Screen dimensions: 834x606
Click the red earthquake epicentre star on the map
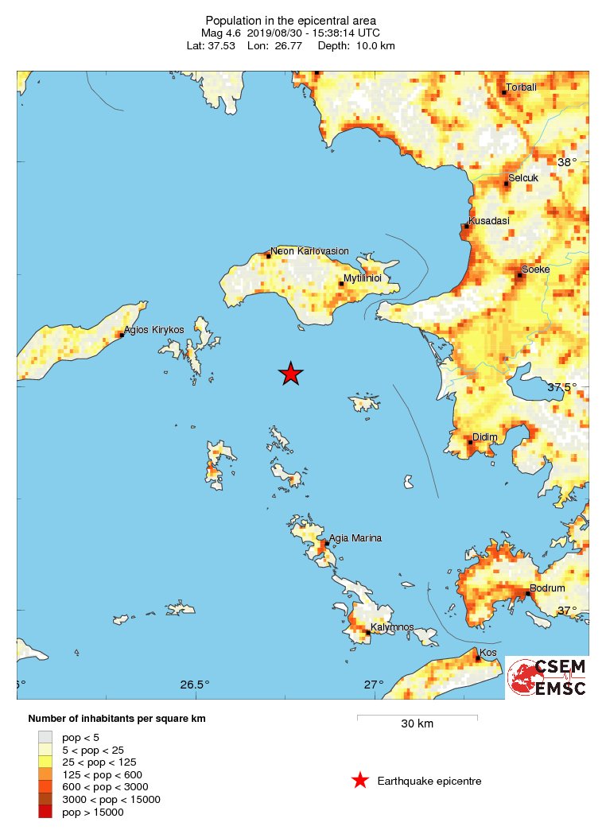point(291,374)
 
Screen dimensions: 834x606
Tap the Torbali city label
point(523,87)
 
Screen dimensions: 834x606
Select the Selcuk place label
point(523,178)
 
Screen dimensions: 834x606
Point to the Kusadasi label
point(489,220)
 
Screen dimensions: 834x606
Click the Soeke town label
point(535,270)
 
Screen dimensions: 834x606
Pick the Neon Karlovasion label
point(309,251)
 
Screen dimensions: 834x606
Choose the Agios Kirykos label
point(154,329)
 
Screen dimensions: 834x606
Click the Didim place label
point(484,437)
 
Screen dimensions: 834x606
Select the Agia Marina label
point(355,538)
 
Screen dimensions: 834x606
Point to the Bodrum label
point(547,588)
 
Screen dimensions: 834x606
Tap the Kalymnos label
point(392,627)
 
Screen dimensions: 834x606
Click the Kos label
point(488,653)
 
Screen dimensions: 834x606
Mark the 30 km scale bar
point(417,717)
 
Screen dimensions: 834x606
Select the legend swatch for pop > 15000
point(45,812)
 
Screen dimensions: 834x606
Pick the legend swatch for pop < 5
point(45,737)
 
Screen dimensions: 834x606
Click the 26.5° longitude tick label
point(195,685)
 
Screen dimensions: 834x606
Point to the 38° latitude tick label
point(567,162)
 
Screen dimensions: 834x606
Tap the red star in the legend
point(360,781)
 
